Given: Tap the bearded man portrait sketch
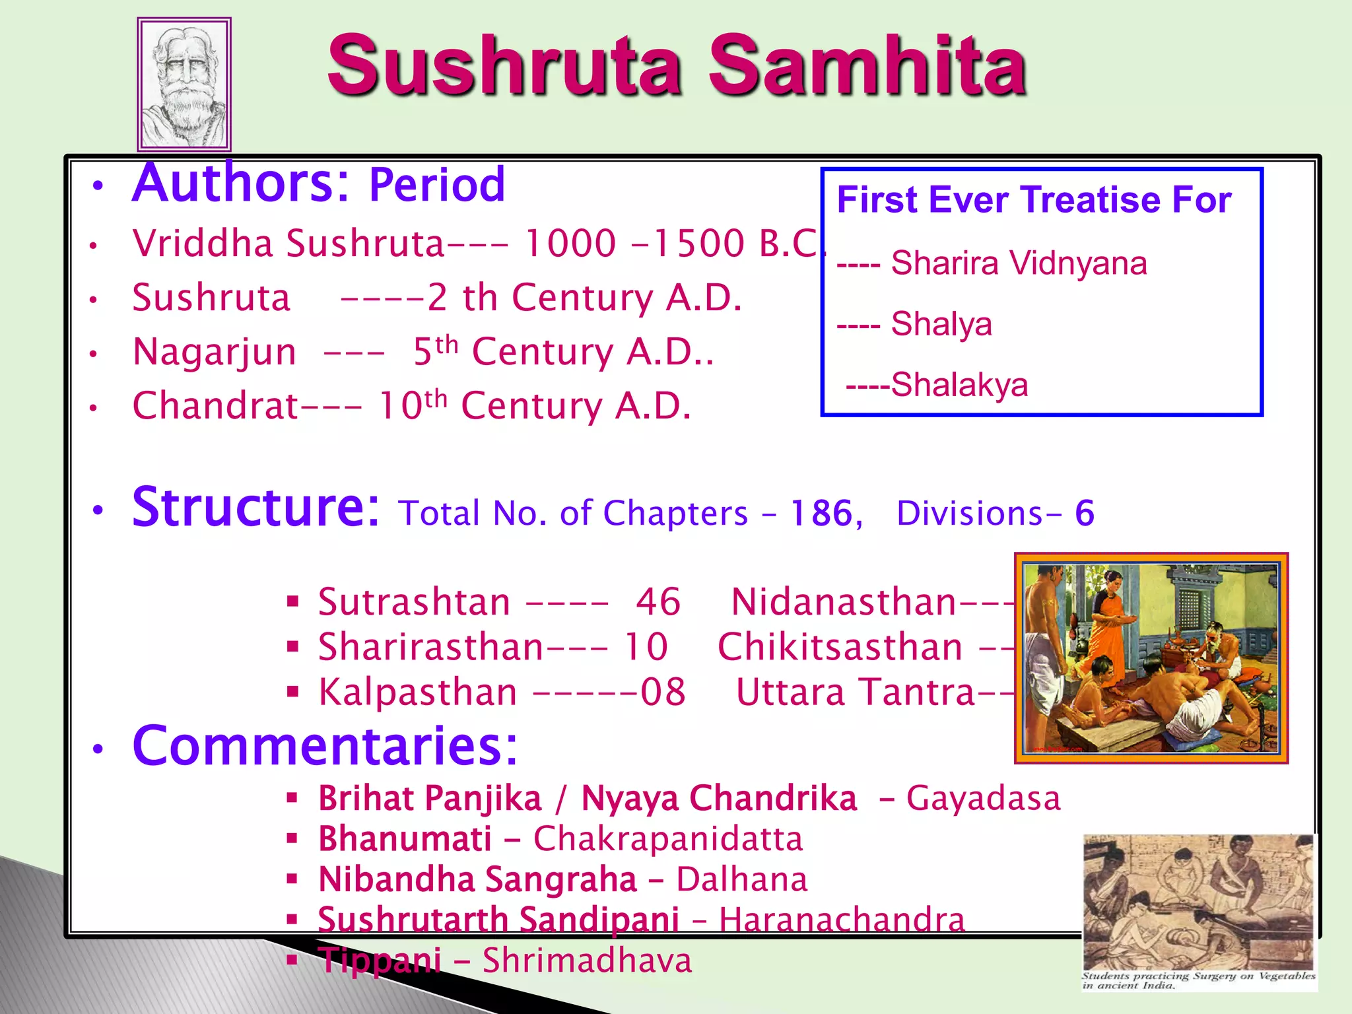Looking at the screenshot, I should tap(184, 84).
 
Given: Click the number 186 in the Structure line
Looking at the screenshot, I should tap(822, 513).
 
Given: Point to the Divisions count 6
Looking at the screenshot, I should tap(1084, 513).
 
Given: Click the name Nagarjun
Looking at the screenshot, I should tap(215, 351).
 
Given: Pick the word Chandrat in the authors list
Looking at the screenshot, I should tap(215, 405).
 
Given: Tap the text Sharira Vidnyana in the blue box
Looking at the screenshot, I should tap(1019, 263).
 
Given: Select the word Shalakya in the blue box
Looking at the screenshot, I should tap(959, 385).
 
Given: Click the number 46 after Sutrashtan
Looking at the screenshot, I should tap(658, 602).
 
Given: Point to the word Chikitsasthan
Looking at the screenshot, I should tap(840, 647).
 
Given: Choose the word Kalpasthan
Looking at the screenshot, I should tap(418, 693).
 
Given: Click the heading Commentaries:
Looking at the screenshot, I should tap(325, 746).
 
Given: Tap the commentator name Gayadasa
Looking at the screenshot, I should tap(983, 798).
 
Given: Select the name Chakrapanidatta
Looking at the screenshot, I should tap(668, 839).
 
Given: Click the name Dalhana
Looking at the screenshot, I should tap(741, 880).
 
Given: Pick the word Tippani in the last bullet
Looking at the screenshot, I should tap(380, 961).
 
